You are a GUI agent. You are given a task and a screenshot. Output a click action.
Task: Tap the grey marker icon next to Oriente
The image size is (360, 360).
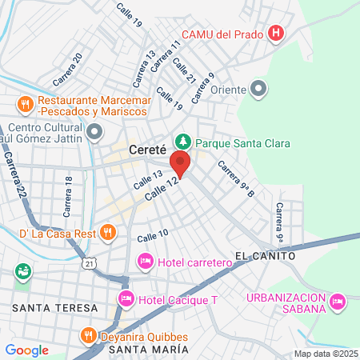tap(258, 88)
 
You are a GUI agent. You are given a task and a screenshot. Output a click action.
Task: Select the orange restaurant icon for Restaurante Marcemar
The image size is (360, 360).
tap(25, 102)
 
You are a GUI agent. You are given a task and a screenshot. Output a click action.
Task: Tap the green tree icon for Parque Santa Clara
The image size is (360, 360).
tap(184, 142)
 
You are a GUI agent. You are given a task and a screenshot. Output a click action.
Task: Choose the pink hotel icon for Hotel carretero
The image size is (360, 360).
tap(146, 261)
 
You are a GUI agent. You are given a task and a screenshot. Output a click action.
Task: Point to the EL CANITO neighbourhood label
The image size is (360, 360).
tap(266, 256)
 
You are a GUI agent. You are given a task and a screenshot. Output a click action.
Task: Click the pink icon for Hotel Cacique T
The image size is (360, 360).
tap(126, 299)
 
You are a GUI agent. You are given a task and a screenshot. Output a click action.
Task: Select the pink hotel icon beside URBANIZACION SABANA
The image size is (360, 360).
tap(337, 301)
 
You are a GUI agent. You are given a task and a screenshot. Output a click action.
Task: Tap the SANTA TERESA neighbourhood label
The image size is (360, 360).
tap(54, 307)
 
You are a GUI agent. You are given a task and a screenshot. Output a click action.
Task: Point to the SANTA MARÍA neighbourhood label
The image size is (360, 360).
tap(149, 350)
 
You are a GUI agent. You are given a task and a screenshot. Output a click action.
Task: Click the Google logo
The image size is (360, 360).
tap(26, 350)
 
